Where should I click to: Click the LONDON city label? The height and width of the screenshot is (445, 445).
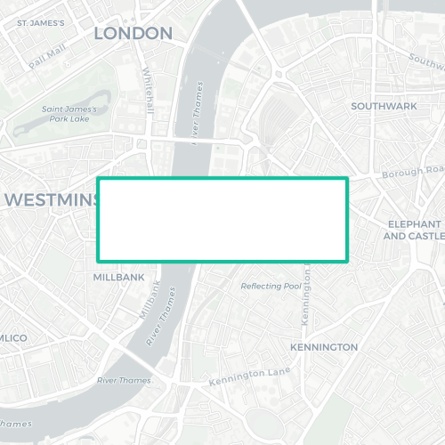pyautogui.click(x=133, y=34)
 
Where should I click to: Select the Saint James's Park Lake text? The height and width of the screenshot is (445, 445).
pyautogui.click(x=75, y=113)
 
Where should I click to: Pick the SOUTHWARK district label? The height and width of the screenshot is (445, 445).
pyautogui.click(x=384, y=106)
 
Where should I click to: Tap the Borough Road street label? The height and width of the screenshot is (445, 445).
pyautogui.click(x=411, y=170)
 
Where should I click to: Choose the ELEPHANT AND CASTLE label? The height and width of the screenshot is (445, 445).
pyautogui.click(x=413, y=230)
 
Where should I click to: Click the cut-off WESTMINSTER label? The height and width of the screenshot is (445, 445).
pyautogui.click(x=52, y=200)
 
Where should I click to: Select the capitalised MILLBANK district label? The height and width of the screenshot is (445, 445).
pyautogui.click(x=118, y=278)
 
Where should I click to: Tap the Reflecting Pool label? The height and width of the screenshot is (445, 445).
pyautogui.click(x=271, y=287)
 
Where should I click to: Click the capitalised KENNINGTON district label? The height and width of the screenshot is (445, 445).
pyautogui.click(x=324, y=347)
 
